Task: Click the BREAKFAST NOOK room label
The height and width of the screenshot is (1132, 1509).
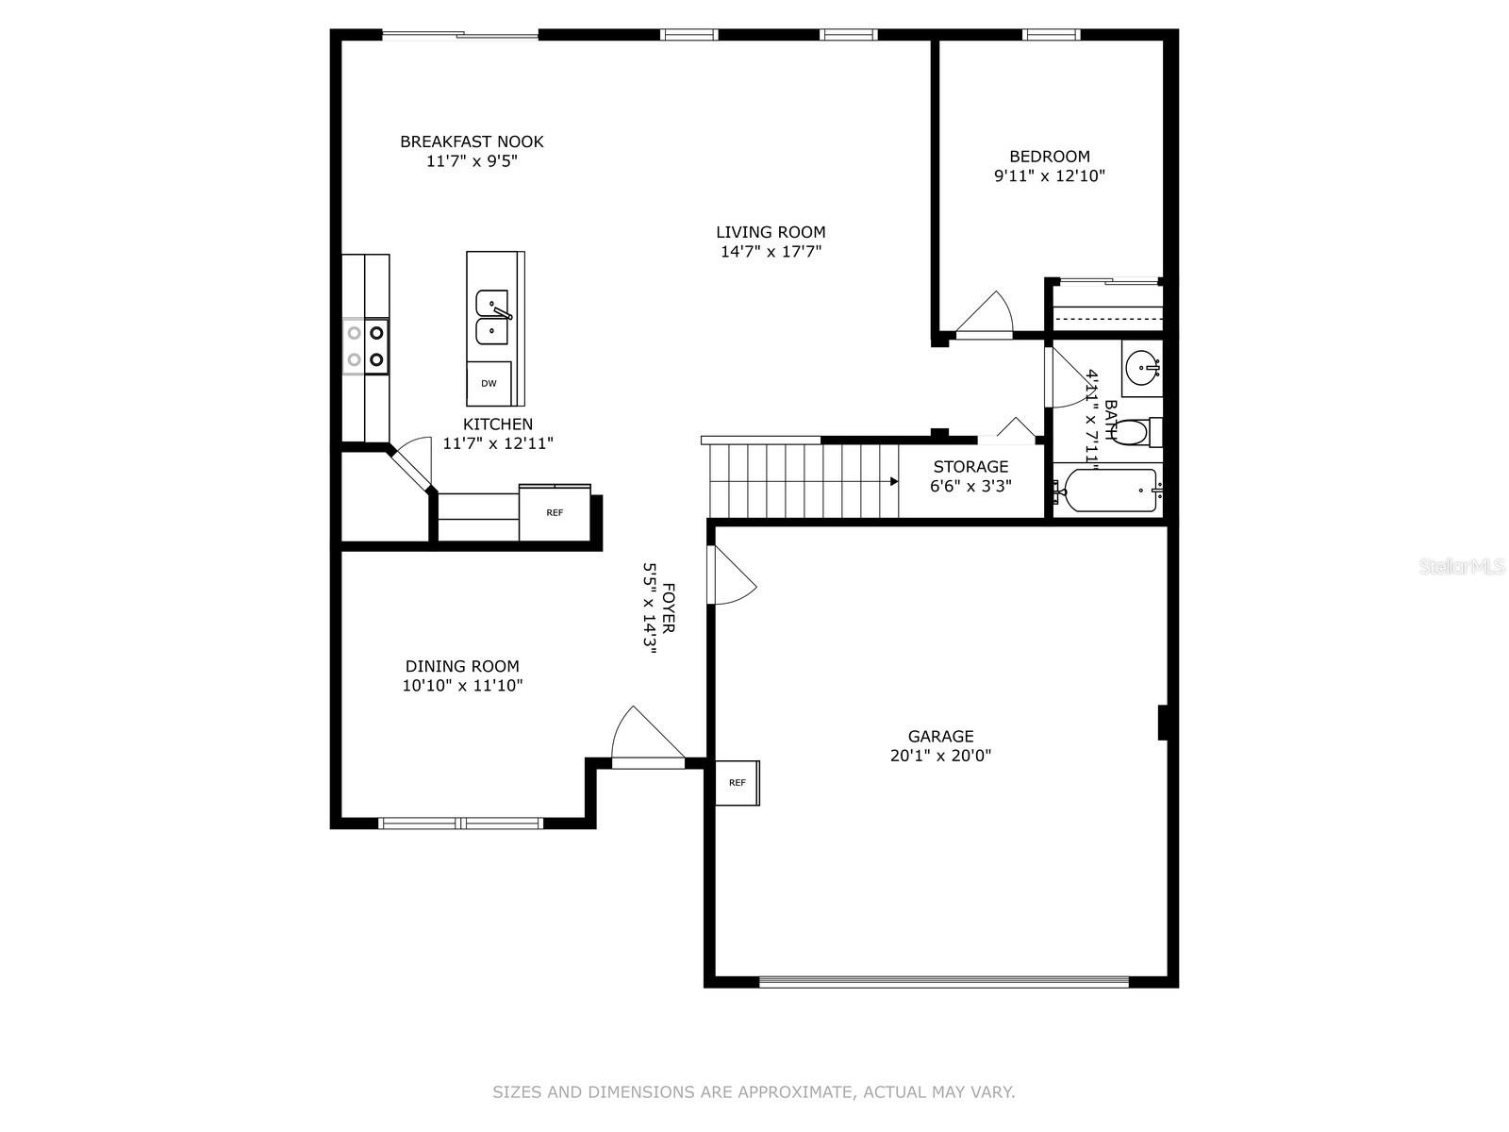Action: coord(472,141)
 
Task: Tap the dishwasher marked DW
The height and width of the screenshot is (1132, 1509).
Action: coord(489,383)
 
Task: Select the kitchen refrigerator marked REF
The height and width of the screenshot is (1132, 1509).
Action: coord(555,513)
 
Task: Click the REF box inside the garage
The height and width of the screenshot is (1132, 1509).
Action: coord(738,782)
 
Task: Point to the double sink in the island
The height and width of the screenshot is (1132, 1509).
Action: coord(492,318)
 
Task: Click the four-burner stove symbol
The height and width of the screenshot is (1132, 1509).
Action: coord(366,345)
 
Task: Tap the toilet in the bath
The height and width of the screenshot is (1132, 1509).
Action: coord(1133,433)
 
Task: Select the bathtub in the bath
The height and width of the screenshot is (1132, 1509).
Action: coord(1105,491)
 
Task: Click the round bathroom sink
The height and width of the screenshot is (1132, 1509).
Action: coord(1143,363)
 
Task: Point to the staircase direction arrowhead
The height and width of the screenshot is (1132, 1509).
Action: coord(893,481)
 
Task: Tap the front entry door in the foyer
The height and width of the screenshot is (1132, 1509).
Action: coord(646,736)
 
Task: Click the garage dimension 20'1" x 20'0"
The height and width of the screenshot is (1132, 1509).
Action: coord(940,756)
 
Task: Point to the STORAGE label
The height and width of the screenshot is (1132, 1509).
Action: coord(970,466)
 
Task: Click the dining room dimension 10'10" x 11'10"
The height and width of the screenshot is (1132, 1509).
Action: coord(462,686)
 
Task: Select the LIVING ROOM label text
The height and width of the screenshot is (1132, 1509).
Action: coord(771,232)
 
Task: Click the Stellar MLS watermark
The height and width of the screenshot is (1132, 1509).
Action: coord(1462,567)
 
